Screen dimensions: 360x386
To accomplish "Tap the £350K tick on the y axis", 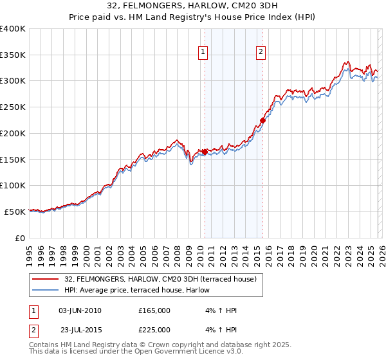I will [13, 55].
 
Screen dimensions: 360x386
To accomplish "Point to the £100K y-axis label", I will [13, 185].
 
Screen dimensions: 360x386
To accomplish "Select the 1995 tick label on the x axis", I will [29, 251].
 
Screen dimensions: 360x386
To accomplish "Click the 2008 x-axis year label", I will [176, 251].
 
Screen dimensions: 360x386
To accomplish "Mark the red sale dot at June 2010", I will [205, 152].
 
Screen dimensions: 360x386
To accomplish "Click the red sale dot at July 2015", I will [262, 120].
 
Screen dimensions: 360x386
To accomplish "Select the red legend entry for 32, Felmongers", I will [161, 279].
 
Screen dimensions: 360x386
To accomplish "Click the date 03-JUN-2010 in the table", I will [80, 310].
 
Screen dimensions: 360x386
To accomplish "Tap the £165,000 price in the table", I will [154, 310].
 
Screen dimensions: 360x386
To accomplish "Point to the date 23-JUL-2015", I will [80, 329].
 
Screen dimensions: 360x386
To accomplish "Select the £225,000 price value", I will [154, 329].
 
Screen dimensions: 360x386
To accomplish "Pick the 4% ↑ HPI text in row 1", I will [219, 310].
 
